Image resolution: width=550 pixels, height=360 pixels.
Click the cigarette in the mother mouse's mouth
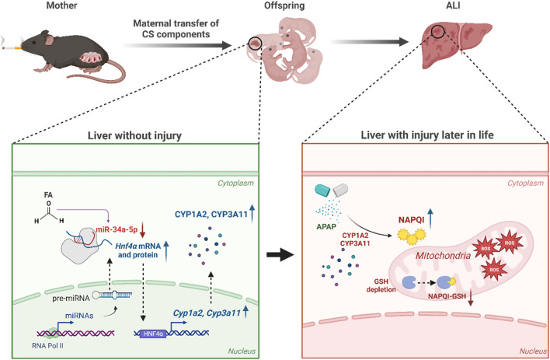click(x=11, y=47)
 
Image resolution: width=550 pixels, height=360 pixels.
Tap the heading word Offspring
click(x=284, y=5)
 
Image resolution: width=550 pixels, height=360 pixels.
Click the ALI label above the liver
click(x=452, y=5)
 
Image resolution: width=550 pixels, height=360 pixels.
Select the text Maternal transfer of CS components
click(x=176, y=29)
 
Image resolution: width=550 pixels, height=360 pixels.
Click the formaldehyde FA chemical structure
click(x=49, y=209)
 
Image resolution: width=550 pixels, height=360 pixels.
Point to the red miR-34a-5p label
click(x=117, y=230)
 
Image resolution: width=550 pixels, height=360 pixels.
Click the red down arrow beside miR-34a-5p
click(x=142, y=230)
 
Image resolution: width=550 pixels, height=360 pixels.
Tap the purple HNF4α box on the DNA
click(x=153, y=334)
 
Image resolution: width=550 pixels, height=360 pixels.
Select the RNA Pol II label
click(x=47, y=345)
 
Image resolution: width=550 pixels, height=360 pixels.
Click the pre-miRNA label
click(x=71, y=298)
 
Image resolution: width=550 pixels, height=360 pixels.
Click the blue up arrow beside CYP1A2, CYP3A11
click(x=252, y=214)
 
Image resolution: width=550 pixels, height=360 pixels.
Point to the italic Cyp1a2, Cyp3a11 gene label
click(x=207, y=313)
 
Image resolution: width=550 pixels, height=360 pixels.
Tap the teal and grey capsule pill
click(x=332, y=190)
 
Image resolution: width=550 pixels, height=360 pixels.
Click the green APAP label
click(x=326, y=226)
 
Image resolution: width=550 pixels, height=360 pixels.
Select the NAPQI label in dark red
click(x=411, y=220)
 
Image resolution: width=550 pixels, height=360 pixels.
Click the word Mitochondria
click(x=443, y=255)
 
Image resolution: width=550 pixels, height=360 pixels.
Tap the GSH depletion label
click(x=381, y=285)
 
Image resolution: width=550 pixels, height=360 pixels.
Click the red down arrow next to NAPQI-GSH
click(x=471, y=298)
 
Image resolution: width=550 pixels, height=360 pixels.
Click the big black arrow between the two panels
click(x=280, y=254)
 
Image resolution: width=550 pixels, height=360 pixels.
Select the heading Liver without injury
click(x=134, y=135)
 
